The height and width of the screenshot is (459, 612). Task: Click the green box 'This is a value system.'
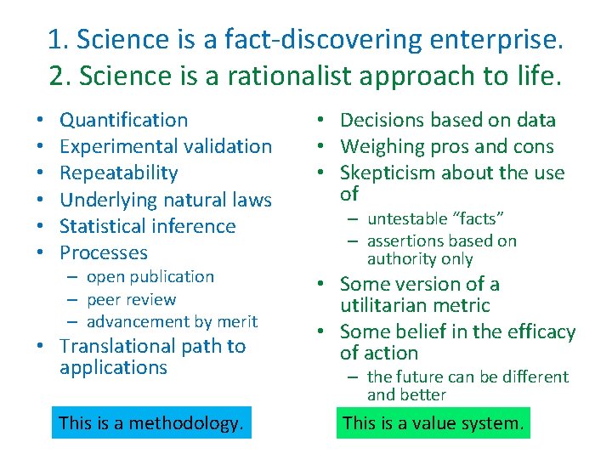[433, 422]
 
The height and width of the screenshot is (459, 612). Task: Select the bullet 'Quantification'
[124, 120]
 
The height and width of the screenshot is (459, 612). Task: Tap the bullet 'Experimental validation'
[166, 146]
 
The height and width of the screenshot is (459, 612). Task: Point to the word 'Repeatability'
[119, 173]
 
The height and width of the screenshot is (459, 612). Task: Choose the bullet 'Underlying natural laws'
[166, 200]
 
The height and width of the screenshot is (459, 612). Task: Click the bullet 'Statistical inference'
[148, 226]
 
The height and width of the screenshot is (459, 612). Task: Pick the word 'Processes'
[104, 252]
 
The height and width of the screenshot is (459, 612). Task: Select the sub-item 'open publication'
[150, 277]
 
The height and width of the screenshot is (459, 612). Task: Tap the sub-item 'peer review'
[131, 299]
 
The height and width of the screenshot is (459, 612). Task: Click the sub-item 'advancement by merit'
[172, 321]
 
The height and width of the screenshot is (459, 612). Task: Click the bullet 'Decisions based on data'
[448, 120]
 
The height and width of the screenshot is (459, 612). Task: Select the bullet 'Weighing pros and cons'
[446, 146]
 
